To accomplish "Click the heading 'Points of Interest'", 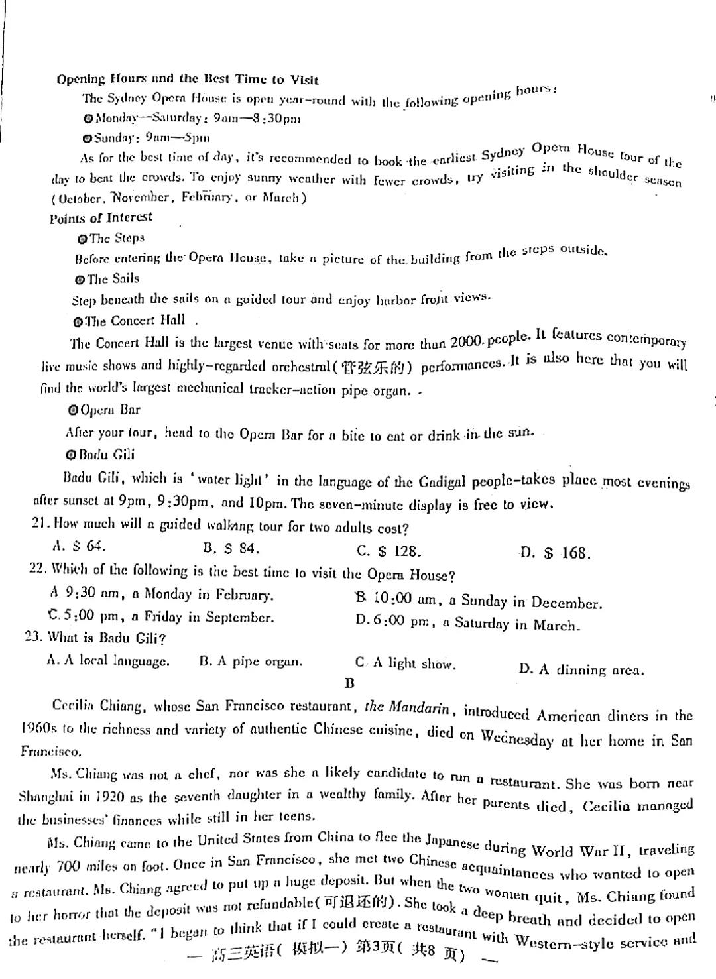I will coord(101,218).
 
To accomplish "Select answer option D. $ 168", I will coord(555,553).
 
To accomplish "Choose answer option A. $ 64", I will coord(79,547).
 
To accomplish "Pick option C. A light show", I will coord(405,663).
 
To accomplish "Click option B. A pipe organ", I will coord(251,662).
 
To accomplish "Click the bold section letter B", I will coord(349,684).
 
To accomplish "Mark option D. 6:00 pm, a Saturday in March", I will coord(467,624).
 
